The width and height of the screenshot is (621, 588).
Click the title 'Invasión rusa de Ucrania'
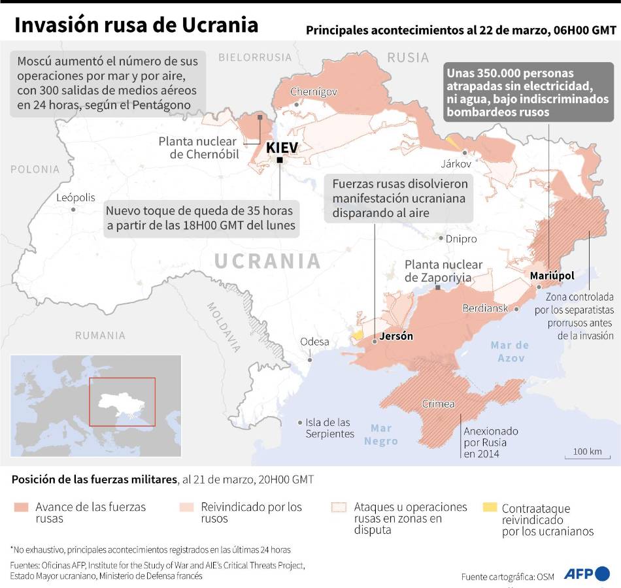136,25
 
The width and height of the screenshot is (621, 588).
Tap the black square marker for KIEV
280,160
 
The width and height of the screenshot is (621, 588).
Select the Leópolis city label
75,197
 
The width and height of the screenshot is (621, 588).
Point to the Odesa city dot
310,359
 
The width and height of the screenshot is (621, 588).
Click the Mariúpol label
552,276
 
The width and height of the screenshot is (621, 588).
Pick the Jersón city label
396,337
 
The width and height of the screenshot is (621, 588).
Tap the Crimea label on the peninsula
438,404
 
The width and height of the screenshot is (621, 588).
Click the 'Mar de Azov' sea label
510,351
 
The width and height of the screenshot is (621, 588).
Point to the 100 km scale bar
587,455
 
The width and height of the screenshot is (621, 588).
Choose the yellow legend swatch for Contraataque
489,507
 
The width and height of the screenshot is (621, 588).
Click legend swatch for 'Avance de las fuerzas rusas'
21,507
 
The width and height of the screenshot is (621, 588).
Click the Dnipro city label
462,239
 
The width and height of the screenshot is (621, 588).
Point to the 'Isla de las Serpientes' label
329,428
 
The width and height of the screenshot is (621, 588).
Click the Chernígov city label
313,91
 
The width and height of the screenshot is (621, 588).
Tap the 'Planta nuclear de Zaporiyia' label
443,271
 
